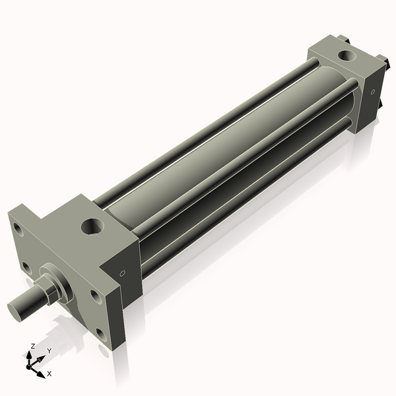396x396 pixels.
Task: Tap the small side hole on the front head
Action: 122,274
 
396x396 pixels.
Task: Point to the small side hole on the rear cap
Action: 372,92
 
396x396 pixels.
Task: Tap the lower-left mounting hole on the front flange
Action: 26,267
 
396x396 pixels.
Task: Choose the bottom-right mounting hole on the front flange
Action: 100,333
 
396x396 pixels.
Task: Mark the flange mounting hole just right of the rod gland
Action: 96,296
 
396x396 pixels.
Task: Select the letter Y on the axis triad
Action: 48,350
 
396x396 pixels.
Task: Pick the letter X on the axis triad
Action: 49,374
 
